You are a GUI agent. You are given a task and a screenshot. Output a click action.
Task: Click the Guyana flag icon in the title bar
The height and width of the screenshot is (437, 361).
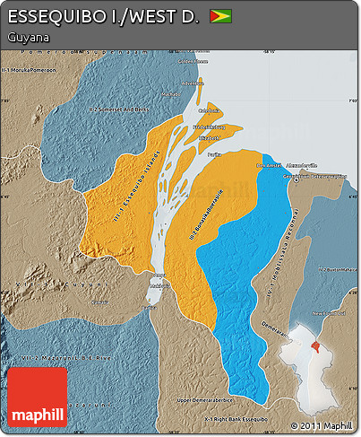[x=219, y=16]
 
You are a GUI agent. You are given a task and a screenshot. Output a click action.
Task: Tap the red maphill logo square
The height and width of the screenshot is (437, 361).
[x=37, y=398]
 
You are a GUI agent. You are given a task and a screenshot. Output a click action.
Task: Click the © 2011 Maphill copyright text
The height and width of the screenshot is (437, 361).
[x=321, y=424]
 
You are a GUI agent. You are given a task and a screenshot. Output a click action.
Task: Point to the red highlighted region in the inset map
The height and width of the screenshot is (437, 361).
[x=314, y=345]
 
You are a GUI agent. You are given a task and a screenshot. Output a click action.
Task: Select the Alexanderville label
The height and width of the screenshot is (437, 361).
[x=301, y=166]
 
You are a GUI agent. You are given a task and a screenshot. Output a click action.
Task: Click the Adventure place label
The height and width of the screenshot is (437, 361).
[x=193, y=83]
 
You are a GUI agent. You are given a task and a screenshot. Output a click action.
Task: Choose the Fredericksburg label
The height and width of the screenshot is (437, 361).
[x=210, y=127]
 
